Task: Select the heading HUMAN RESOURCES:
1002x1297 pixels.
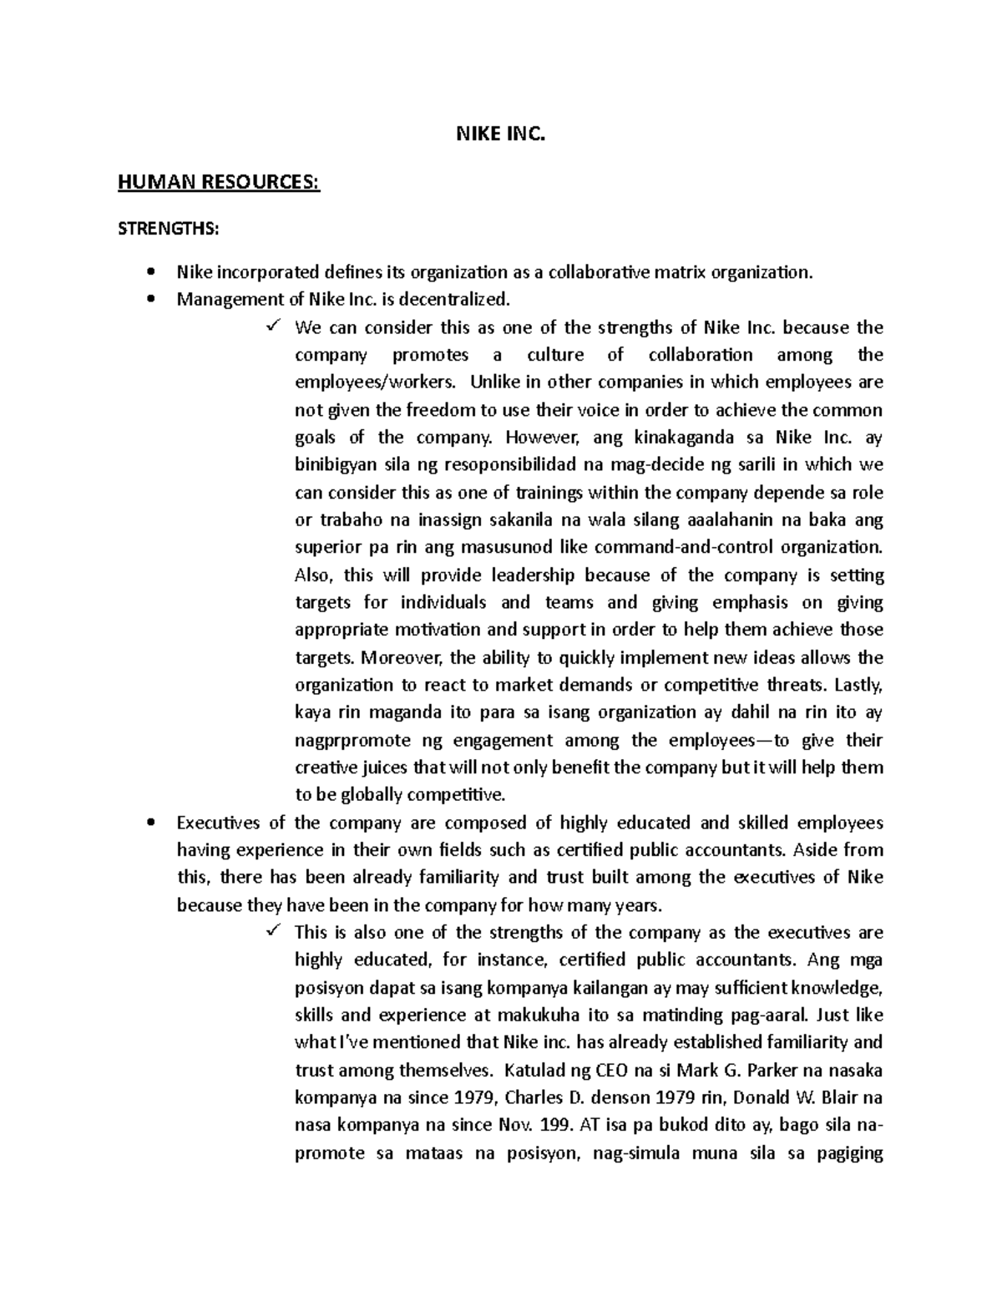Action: (219, 181)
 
